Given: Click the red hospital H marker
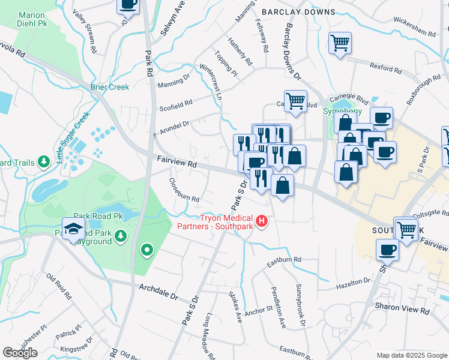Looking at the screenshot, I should coord(262,222).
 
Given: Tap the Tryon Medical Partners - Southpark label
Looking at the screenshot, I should coord(215,222).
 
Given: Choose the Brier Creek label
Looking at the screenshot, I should coord(110,87).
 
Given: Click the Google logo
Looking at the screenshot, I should coord(20,353).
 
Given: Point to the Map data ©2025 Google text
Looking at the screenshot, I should coord(411,355).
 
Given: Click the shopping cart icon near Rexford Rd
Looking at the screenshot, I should coord(340,43).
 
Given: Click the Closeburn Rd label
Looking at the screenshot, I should coord(183,190).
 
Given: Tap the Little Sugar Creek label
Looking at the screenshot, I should coord(73,137).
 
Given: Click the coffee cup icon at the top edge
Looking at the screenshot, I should coord(128,5).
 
